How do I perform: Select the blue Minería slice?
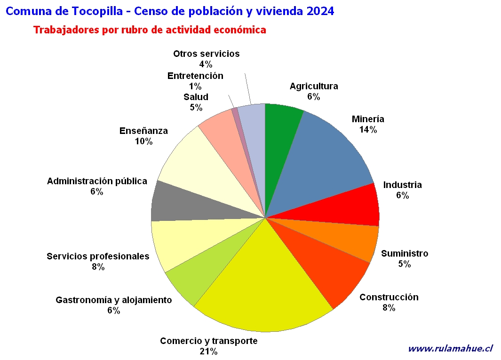coord(323,160)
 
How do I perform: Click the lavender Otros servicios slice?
coord(254,134)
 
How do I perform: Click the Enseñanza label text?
coord(143,131)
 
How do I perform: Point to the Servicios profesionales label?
coord(98,256)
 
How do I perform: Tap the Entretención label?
coord(195,76)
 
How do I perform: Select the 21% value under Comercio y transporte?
coord(209,352)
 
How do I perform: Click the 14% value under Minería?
coord(368,130)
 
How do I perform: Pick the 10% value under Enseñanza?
coord(143,141)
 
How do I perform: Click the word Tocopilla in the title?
coord(97,11)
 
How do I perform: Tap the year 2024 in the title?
coord(320,11)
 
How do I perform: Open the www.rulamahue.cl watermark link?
coord(450,348)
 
